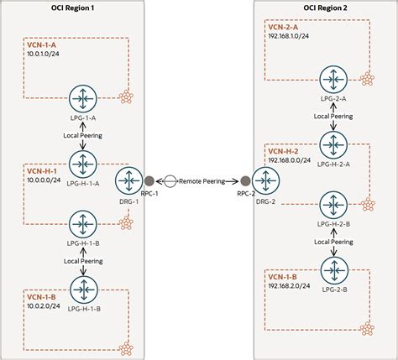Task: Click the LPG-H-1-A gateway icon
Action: pos(83,159)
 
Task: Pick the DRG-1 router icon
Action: pos(130,180)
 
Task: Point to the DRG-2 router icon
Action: pos(267,180)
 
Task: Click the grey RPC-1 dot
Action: pos(149,180)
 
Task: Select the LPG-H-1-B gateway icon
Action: pos(83,222)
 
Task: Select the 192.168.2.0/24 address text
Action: pos(290,286)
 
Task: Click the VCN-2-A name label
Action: pos(283,27)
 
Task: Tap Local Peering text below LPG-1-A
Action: pos(83,135)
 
